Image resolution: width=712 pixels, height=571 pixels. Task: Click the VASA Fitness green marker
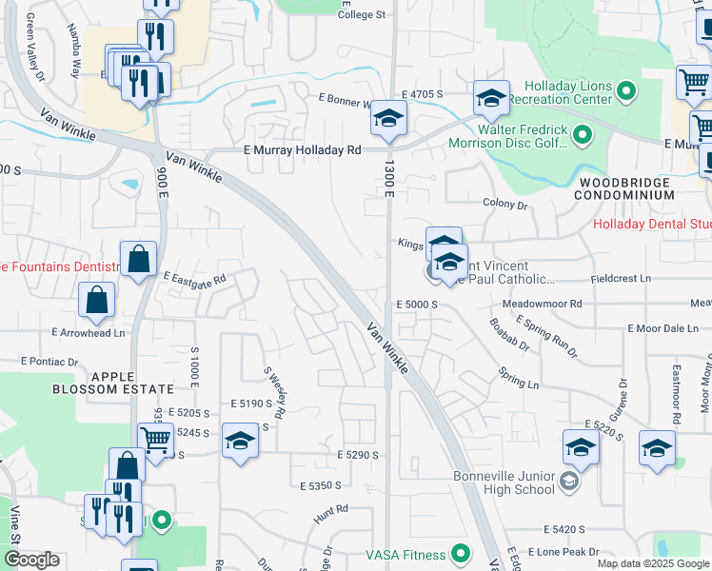point(462,553)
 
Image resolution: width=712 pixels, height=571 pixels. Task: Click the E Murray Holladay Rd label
point(303,150)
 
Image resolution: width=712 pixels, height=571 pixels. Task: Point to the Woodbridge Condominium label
point(623,187)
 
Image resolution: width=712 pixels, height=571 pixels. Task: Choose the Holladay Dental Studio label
point(651,225)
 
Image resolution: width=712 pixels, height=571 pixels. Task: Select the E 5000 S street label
point(416,304)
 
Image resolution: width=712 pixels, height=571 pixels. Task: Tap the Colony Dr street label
point(504,205)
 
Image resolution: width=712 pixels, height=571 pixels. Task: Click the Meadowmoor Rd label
point(542,304)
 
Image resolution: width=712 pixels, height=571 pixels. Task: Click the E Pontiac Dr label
point(49,362)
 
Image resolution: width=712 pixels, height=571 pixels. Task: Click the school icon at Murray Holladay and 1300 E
point(388,119)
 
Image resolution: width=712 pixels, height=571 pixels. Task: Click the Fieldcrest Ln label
point(620,279)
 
